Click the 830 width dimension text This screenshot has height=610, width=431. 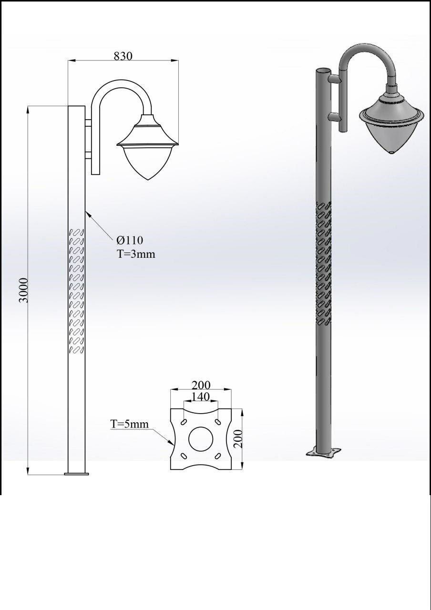123,56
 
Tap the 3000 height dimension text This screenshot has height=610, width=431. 24,290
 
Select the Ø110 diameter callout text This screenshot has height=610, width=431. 130,240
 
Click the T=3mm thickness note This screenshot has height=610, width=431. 136,254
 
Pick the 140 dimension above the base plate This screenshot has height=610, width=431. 201,397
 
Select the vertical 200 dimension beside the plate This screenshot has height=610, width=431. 238,439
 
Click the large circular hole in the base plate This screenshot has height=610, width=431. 201,439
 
